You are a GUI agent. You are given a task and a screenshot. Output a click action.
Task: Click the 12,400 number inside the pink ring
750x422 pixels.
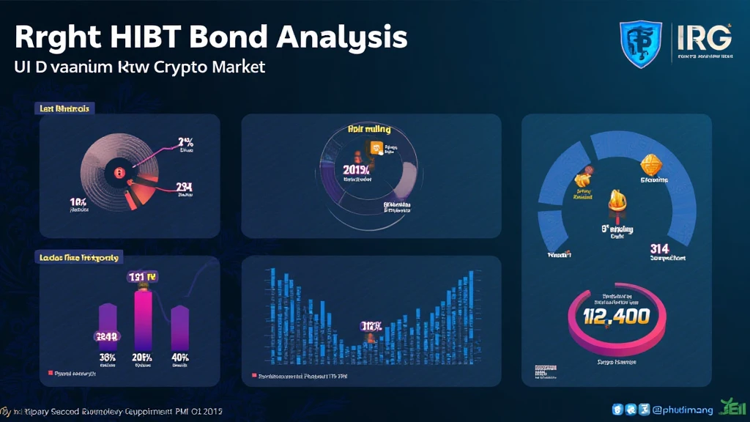coord(617,316)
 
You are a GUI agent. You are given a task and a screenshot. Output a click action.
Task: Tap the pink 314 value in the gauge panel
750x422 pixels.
coord(659,250)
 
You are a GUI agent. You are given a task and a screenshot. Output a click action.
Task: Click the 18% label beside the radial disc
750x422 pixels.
coord(79,201)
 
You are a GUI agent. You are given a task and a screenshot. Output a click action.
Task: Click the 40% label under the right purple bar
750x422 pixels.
coord(180,357)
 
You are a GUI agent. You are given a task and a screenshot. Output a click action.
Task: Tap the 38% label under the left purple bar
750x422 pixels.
coord(108,357)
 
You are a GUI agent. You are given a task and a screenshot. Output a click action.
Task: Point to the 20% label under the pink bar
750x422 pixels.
coord(141,357)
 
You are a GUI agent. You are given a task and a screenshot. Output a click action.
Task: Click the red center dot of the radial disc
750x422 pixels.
coord(117,172)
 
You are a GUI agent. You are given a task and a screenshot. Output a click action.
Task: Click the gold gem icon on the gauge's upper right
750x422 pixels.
coord(650,165)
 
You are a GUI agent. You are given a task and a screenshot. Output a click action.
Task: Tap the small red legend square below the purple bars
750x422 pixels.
coord(51,373)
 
